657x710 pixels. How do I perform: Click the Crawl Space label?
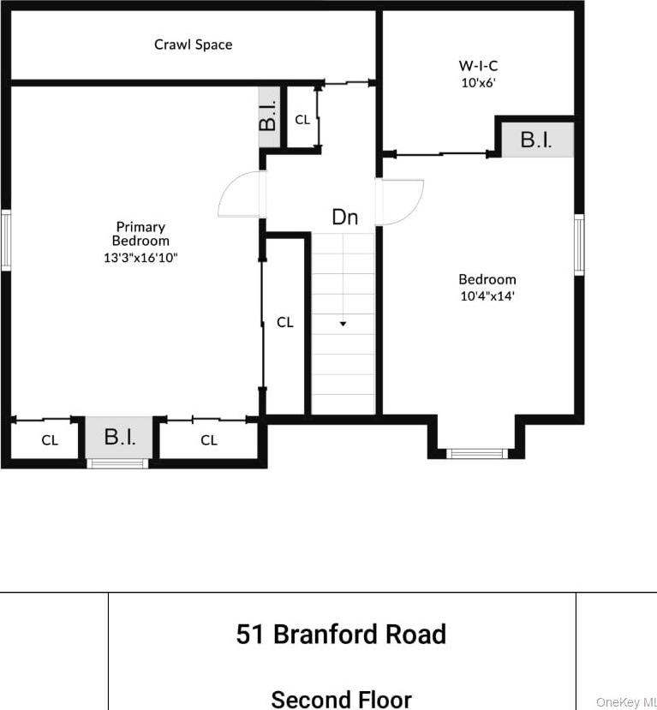click(x=193, y=44)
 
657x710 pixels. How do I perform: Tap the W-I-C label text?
click(x=478, y=65)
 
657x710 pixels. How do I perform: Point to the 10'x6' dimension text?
click(x=478, y=83)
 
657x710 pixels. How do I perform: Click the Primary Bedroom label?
click(x=140, y=234)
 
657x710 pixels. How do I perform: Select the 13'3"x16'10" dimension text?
click(x=140, y=257)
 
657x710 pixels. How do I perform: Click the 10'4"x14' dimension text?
click(x=487, y=296)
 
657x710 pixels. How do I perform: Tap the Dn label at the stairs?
click(x=344, y=218)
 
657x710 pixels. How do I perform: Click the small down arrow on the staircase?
click(x=343, y=324)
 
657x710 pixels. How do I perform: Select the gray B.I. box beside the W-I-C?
click(x=536, y=140)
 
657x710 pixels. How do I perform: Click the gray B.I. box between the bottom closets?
click(x=120, y=438)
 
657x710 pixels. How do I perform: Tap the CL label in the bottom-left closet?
click(x=50, y=440)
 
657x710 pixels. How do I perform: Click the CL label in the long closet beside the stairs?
click(x=284, y=323)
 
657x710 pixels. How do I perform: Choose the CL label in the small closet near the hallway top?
click(x=302, y=120)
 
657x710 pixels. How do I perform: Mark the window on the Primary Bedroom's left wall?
click(x=5, y=241)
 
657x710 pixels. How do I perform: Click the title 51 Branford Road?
click(x=341, y=635)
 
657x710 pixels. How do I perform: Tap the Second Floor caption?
click(x=341, y=699)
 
